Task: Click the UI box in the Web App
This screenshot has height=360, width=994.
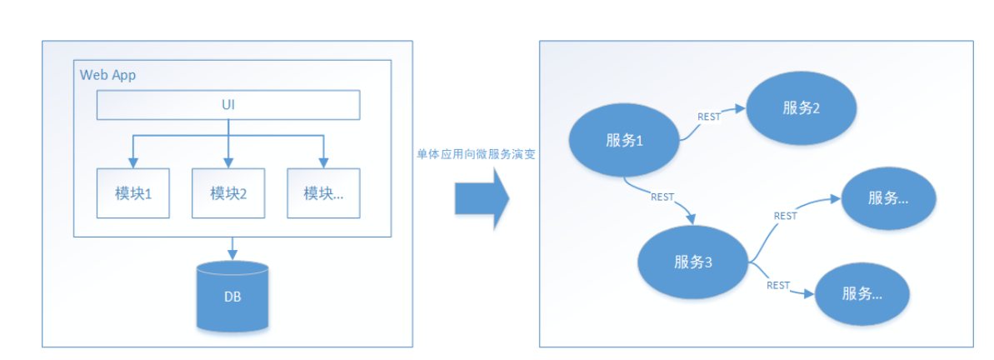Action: point(228,105)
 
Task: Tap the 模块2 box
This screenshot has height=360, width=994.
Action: point(228,193)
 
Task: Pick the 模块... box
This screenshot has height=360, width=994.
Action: point(324,193)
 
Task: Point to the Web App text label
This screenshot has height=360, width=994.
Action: point(108,75)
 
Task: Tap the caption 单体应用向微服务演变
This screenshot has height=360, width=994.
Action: point(476,155)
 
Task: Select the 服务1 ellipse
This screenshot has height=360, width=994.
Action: point(625,140)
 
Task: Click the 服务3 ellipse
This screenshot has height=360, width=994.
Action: point(693,261)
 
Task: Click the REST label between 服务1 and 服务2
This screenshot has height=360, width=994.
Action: point(709,117)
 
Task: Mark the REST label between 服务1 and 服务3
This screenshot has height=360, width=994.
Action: point(662,197)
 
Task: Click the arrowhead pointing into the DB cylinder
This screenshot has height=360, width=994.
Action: point(232,253)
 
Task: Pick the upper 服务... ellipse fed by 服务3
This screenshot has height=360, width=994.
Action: point(888,198)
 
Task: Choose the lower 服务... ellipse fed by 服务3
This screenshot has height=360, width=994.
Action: point(862,294)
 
